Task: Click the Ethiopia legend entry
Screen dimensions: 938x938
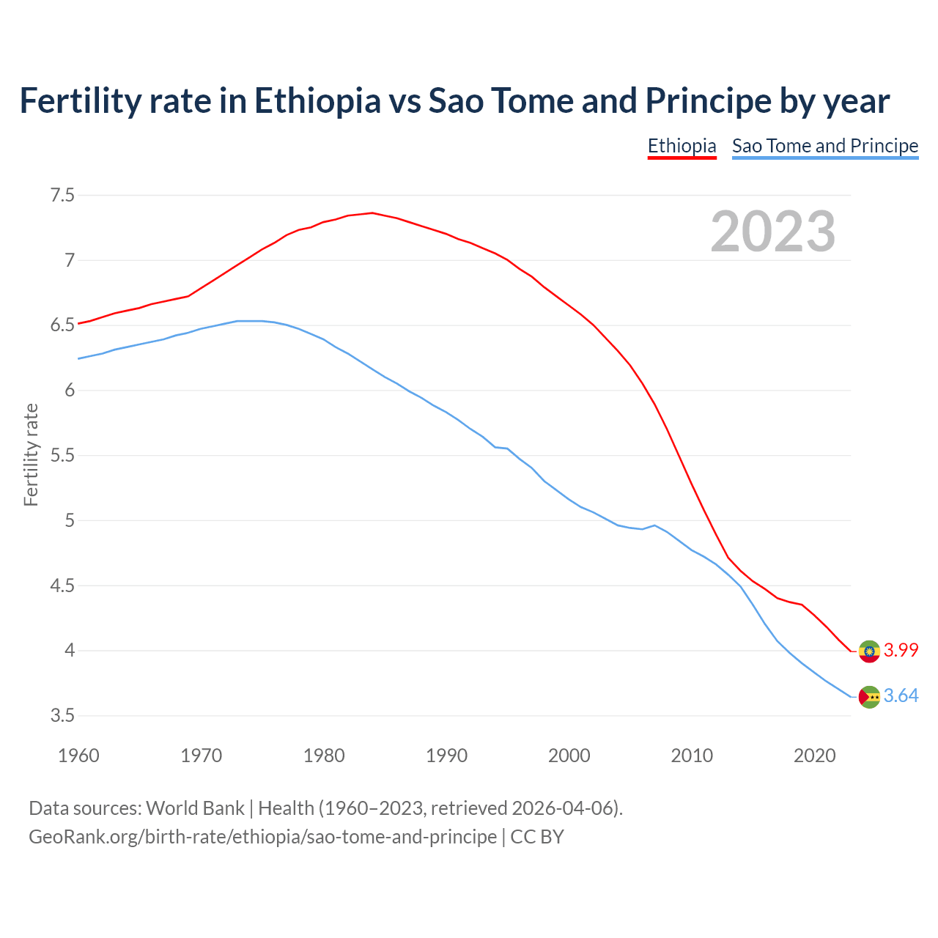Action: tap(682, 146)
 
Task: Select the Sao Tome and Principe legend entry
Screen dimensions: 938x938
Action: tap(825, 146)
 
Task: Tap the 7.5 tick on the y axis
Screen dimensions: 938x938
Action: tap(62, 195)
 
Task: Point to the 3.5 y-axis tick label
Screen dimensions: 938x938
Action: tap(62, 715)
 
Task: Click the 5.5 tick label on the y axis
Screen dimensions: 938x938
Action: tap(62, 455)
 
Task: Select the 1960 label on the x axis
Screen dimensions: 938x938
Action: tap(78, 756)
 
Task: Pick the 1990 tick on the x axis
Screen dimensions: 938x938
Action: tap(446, 756)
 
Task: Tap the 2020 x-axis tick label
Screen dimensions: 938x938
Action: tap(814, 756)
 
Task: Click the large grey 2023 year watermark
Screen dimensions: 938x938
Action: tap(772, 232)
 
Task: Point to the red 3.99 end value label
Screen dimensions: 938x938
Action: tap(901, 651)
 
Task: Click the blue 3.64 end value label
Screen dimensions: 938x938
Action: tap(901, 696)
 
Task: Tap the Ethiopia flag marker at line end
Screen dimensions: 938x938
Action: tap(869, 651)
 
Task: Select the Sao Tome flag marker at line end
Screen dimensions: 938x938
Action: tap(869, 697)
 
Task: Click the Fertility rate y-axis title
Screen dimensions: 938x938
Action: tap(31, 454)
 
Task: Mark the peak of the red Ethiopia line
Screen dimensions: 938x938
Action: tap(372, 213)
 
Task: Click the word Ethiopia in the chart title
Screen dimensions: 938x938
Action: tap(317, 100)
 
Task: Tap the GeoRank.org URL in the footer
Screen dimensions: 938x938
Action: tap(262, 836)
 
